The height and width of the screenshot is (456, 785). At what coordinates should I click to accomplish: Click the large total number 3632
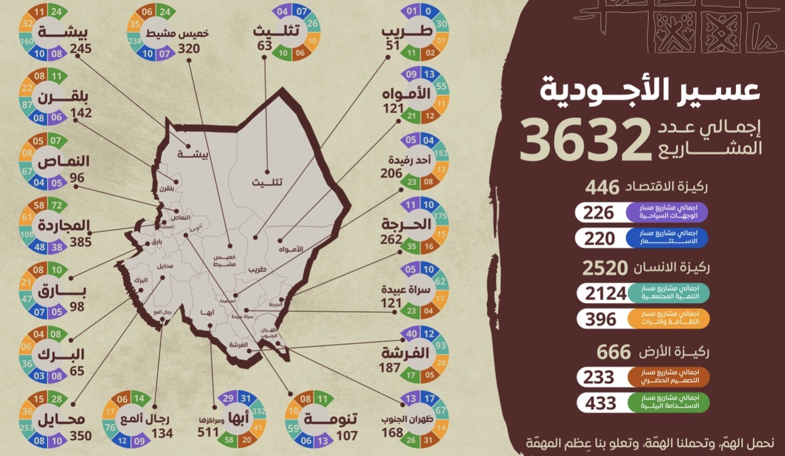point(586,140)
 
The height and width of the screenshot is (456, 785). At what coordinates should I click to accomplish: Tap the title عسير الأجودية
point(650,90)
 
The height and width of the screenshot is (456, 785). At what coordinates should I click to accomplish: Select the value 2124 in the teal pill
point(606,293)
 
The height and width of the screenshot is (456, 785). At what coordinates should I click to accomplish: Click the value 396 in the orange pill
point(601,319)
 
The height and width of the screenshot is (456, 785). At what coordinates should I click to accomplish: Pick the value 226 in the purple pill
point(598,213)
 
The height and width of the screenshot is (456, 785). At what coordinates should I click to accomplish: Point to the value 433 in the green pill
point(601,403)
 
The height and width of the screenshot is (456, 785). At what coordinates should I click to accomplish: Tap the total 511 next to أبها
point(207,432)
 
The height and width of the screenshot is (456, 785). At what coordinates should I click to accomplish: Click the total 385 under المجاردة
point(81,242)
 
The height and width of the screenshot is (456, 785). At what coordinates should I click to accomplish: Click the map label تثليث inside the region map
point(267,182)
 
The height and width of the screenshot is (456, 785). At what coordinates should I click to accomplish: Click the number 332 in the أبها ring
point(258,411)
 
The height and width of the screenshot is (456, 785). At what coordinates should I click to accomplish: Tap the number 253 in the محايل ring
point(27,427)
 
